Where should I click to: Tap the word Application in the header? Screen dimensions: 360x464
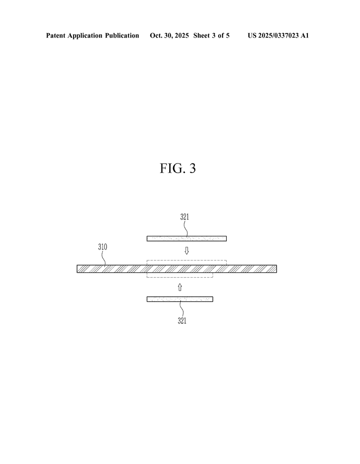pyautogui.click(x=85, y=36)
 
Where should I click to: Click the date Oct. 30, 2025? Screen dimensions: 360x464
pyautogui.click(x=169, y=35)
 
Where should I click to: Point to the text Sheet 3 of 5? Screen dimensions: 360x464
pyautogui.click(x=211, y=35)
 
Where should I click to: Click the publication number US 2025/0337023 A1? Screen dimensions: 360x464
pyautogui.click(x=278, y=35)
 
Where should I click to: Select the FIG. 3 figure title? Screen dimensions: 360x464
pyautogui.click(x=178, y=168)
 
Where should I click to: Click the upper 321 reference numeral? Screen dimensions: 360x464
pyautogui.click(x=185, y=217)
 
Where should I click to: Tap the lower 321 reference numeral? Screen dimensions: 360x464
pyautogui.click(x=182, y=320)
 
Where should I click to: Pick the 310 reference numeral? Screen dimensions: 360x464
pyautogui.click(x=103, y=247)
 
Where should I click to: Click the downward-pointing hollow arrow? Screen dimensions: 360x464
pyautogui.click(x=186, y=251)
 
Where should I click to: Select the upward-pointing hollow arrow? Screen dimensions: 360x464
pyautogui.click(x=180, y=287)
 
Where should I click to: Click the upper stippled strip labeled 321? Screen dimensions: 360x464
pyautogui.click(x=187, y=238)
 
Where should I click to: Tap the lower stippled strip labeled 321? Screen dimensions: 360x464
pyautogui.click(x=180, y=299)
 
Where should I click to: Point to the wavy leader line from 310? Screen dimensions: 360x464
pyautogui.click(x=104, y=258)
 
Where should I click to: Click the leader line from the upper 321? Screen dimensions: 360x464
pyautogui.click(x=186, y=229)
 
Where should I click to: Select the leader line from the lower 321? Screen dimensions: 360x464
pyautogui.click(x=181, y=308)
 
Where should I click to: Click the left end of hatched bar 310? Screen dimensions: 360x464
pyautogui.click(x=77, y=269)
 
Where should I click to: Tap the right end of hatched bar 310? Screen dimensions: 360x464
pyautogui.click(x=277, y=269)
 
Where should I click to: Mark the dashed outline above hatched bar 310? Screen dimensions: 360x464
pyautogui.click(x=187, y=262)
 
